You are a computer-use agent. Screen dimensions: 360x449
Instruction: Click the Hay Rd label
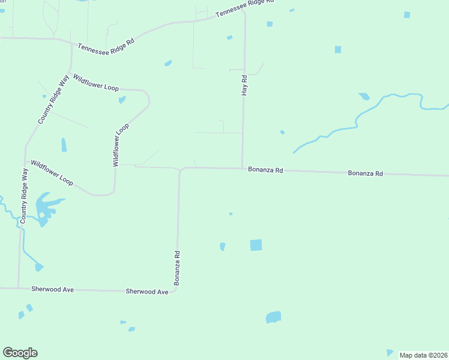(244, 85)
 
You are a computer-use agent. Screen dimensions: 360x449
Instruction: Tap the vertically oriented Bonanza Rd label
(178, 268)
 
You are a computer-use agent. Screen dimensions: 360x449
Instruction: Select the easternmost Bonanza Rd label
(365, 173)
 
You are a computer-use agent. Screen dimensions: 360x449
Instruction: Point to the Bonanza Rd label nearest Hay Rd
(265, 170)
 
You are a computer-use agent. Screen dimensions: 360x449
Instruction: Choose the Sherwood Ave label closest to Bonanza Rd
(146, 292)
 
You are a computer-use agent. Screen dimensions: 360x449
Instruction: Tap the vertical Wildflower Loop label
(121, 145)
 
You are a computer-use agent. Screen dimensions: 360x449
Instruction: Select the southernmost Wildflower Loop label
(52, 172)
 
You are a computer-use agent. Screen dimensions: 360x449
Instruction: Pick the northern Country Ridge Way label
(53, 100)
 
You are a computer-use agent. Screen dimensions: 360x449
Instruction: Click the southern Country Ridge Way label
(24, 196)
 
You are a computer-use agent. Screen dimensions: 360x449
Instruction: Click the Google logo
(20, 353)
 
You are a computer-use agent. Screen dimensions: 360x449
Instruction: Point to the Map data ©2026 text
(423, 355)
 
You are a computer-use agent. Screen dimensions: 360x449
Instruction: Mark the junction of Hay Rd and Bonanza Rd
(243, 168)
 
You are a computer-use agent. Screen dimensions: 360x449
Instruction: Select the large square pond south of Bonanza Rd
(256, 245)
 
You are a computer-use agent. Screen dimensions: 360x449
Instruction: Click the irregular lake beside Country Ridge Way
(46, 208)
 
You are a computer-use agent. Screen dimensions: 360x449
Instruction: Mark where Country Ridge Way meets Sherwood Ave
(18, 288)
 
